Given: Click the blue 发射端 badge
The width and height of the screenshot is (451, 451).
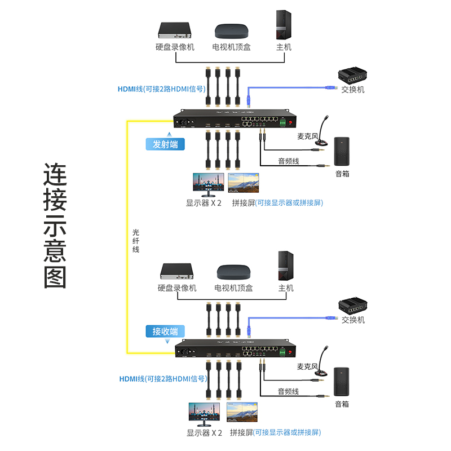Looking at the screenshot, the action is pos(165,144).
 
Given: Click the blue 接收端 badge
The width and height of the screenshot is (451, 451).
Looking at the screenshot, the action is pos(165,331).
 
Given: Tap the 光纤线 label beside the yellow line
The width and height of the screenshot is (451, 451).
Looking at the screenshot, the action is pos(136,241).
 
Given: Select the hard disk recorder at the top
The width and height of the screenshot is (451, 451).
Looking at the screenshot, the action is pos(175,30).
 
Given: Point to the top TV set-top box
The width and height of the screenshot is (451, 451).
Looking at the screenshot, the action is pos(232,31).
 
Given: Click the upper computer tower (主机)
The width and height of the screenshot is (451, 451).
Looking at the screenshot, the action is pos(284,25).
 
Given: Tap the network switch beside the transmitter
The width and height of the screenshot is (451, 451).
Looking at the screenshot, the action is pos(352,76).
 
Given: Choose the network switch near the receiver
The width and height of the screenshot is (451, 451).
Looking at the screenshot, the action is pos(353,306).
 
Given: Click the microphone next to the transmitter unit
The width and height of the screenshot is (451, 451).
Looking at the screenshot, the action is pos(322,131).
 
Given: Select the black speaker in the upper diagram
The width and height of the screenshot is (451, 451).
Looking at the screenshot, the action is pos(342,151).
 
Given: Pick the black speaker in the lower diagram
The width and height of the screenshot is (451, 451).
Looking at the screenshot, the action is pos(342,382).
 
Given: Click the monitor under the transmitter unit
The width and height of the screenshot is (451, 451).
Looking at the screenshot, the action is pos(208,185).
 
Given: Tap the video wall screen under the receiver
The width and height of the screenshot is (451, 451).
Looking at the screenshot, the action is pos(242,412).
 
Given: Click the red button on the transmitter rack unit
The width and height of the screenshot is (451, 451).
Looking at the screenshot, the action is pos(290,122).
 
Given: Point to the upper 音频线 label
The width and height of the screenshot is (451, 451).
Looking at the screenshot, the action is pos(289,161).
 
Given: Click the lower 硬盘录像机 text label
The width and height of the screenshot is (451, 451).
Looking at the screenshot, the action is pos(177,288).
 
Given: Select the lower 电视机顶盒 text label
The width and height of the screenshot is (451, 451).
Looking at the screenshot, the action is pos(233,288).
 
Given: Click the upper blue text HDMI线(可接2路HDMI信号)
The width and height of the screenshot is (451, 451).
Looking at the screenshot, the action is pos(162,89).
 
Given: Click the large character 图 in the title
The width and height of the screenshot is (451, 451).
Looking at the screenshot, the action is pos(55,277).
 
